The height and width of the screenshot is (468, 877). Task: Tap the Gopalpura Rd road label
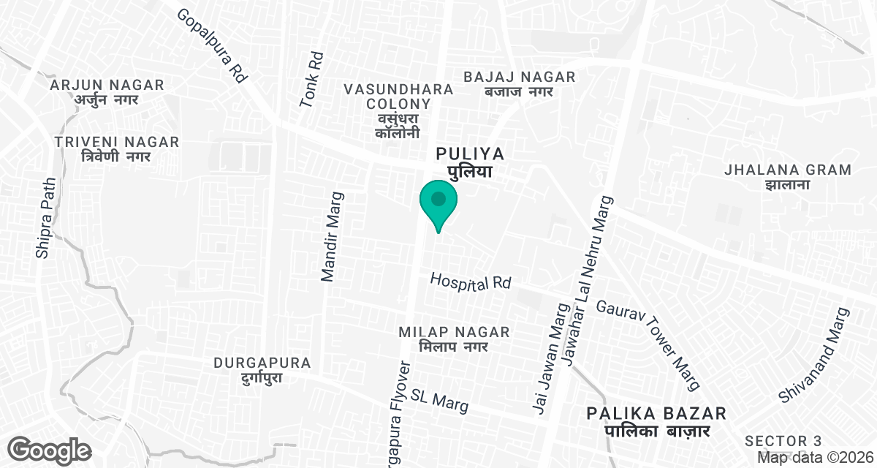click(x=213, y=45)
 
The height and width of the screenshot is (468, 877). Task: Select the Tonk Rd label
click(x=311, y=79)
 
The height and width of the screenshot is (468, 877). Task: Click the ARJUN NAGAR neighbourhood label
click(x=107, y=93)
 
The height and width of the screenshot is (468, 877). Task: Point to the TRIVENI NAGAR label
click(x=117, y=148)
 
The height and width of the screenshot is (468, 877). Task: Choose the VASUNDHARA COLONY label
click(x=398, y=110)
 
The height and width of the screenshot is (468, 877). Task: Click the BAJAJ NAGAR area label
click(x=520, y=83)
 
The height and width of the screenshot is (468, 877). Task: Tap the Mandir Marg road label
click(x=333, y=237)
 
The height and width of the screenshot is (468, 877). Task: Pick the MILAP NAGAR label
click(x=454, y=339)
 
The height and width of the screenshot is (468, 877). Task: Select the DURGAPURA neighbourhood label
click(x=262, y=370)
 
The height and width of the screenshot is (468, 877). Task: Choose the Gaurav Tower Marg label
click(x=649, y=344)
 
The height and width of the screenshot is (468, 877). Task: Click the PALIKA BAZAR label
click(x=657, y=422)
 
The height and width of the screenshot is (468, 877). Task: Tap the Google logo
click(x=50, y=450)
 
